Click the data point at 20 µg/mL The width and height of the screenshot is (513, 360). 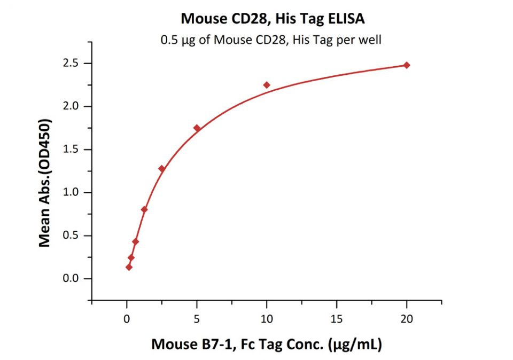[407, 65]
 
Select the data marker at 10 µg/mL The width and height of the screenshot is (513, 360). [267, 85]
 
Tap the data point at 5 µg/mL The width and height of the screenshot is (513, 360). [197, 128]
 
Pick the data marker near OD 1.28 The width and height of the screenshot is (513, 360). [161, 169]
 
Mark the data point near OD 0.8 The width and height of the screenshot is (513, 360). [144, 209]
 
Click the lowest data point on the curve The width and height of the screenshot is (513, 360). [129, 267]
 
